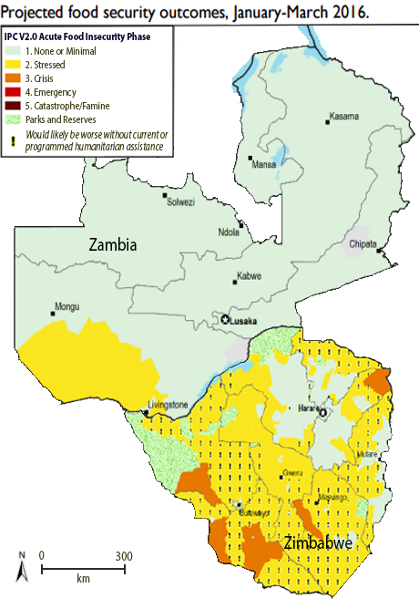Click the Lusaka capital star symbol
click(x=225, y=320)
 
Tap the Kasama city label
click(x=344, y=116)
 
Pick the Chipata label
click(x=362, y=244)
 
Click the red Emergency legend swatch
click(x=15, y=92)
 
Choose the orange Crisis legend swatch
click(x=15, y=79)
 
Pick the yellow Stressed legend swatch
click(x=15, y=66)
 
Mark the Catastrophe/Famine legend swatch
click(x=15, y=105)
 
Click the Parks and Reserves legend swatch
click(x=15, y=119)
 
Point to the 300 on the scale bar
click(x=123, y=555)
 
